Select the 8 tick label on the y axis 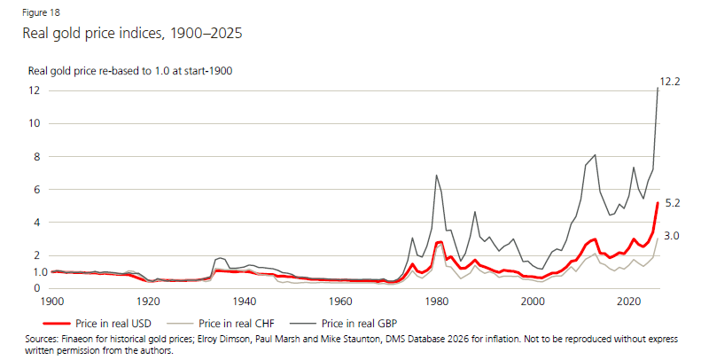[x=36, y=157]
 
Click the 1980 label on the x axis [x=436, y=301]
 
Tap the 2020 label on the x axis [x=628, y=301]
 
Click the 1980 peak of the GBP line [x=436, y=176]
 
